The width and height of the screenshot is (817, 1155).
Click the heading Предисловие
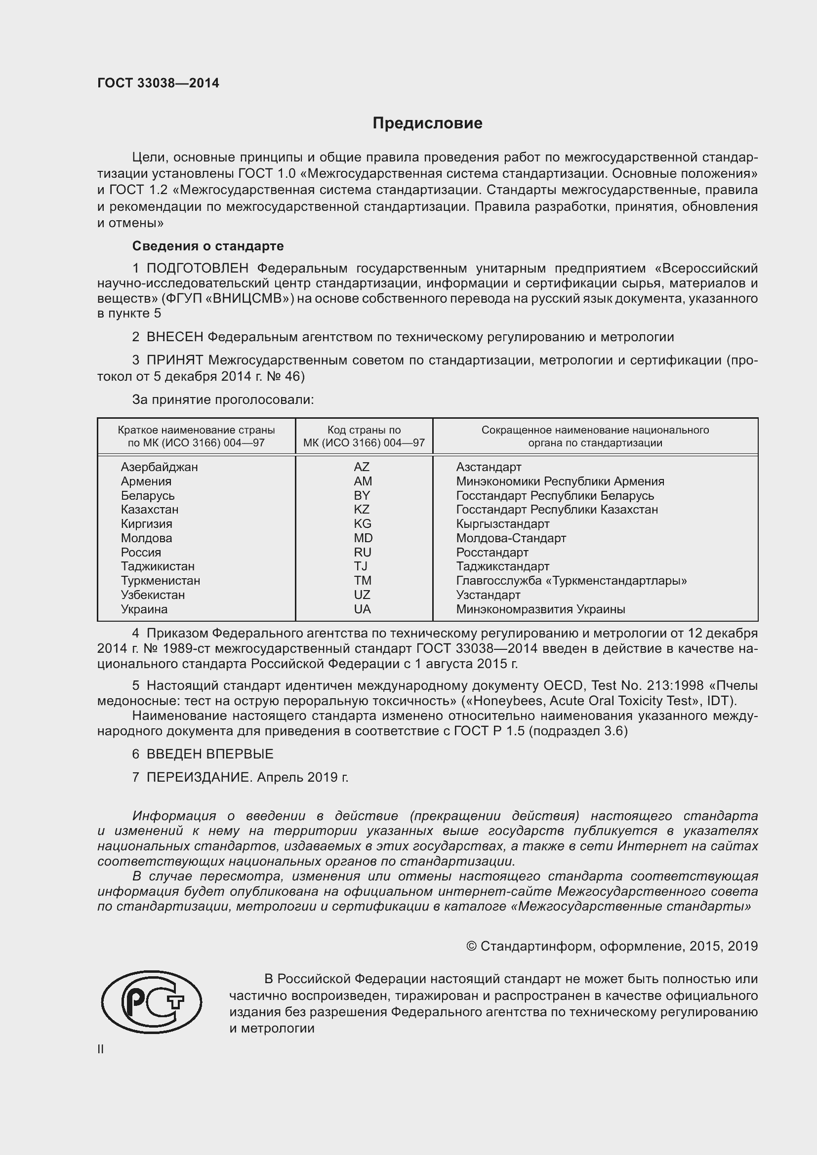[427, 123]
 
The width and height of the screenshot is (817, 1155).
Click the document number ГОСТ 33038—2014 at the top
[158, 83]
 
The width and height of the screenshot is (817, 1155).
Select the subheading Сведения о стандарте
[208, 246]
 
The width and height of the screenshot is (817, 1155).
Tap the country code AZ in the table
[361, 467]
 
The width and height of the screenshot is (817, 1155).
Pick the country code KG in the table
[362, 523]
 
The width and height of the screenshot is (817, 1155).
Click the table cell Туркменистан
[160, 581]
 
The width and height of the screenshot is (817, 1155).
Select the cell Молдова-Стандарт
[511, 538]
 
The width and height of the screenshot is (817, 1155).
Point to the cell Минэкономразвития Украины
[540, 609]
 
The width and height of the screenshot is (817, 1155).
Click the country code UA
[362, 609]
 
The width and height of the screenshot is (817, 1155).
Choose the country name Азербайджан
[159, 467]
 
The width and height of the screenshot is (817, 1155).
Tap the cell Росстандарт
[492, 553]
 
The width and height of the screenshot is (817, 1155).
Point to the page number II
[101, 1049]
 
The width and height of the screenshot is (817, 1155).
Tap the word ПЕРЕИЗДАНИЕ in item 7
[198, 777]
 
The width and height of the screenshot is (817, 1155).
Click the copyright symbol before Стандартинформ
[471, 946]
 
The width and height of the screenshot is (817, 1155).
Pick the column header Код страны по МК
[364, 436]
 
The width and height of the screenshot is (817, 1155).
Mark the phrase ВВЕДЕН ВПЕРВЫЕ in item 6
[210, 754]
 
